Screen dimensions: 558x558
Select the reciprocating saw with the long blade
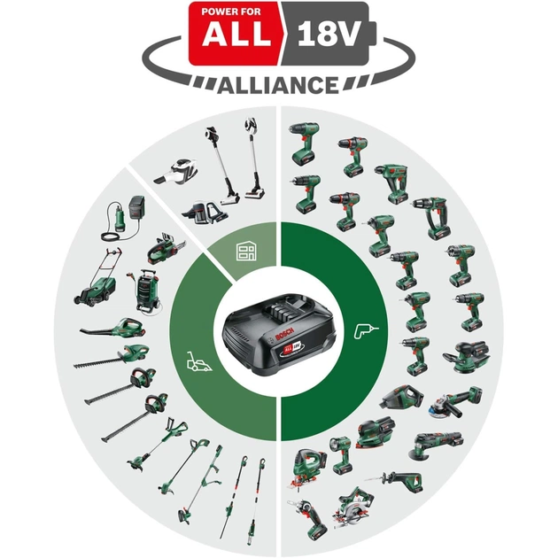pos(399,483)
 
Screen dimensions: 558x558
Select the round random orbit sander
pos(463,354)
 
